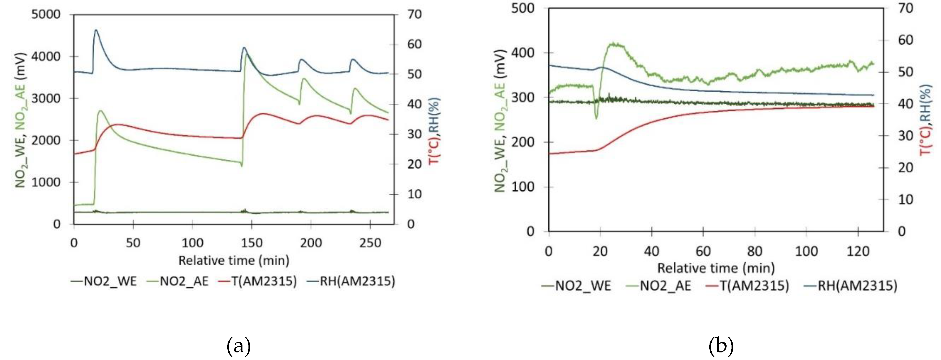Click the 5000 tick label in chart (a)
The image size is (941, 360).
pyautogui.click(x=45, y=15)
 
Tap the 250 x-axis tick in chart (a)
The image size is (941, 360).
pyautogui.click(x=370, y=243)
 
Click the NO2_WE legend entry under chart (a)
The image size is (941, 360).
pyautogui.click(x=104, y=281)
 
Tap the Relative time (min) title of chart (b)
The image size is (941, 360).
pyautogui.click(x=716, y=268)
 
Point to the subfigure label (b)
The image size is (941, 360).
pyautogui.click(x=721, y=346)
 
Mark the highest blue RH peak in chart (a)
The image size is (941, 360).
pyautogui.click(x=96, y=30)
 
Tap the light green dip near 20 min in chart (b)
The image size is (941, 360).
pyautogui.click(x=596, y=118)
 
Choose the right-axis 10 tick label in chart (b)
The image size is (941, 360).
pyautogui.click(x=905, y=199)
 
